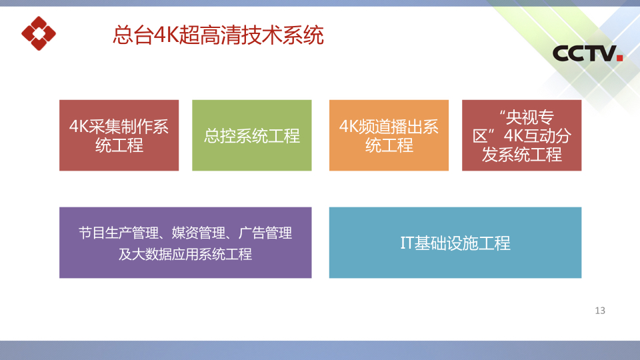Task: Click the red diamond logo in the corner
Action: pos(39,33)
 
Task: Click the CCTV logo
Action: pos(587,53)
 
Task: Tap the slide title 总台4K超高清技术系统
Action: pos(218,35)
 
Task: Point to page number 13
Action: pos(600,311)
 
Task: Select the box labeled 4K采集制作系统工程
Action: pos(119,135)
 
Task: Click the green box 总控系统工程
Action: pos(252,135)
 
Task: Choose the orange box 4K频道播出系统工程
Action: pos(389,135)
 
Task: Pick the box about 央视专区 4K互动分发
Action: pos(521,135)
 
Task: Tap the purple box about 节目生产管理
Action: pos(185,243)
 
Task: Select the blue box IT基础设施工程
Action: pos(455,243)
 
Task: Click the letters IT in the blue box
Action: pos(407,243)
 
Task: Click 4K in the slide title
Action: pos(166,35)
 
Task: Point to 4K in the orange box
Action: pos(349,127)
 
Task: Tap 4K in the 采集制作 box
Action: pos(79,127)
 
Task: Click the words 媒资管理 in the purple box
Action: pos(199,233)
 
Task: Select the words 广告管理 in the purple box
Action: pos(265,233)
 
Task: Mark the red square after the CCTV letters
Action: pos(619,58)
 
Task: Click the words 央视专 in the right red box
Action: pos(530,117)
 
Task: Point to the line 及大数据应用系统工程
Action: pos(185,254)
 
